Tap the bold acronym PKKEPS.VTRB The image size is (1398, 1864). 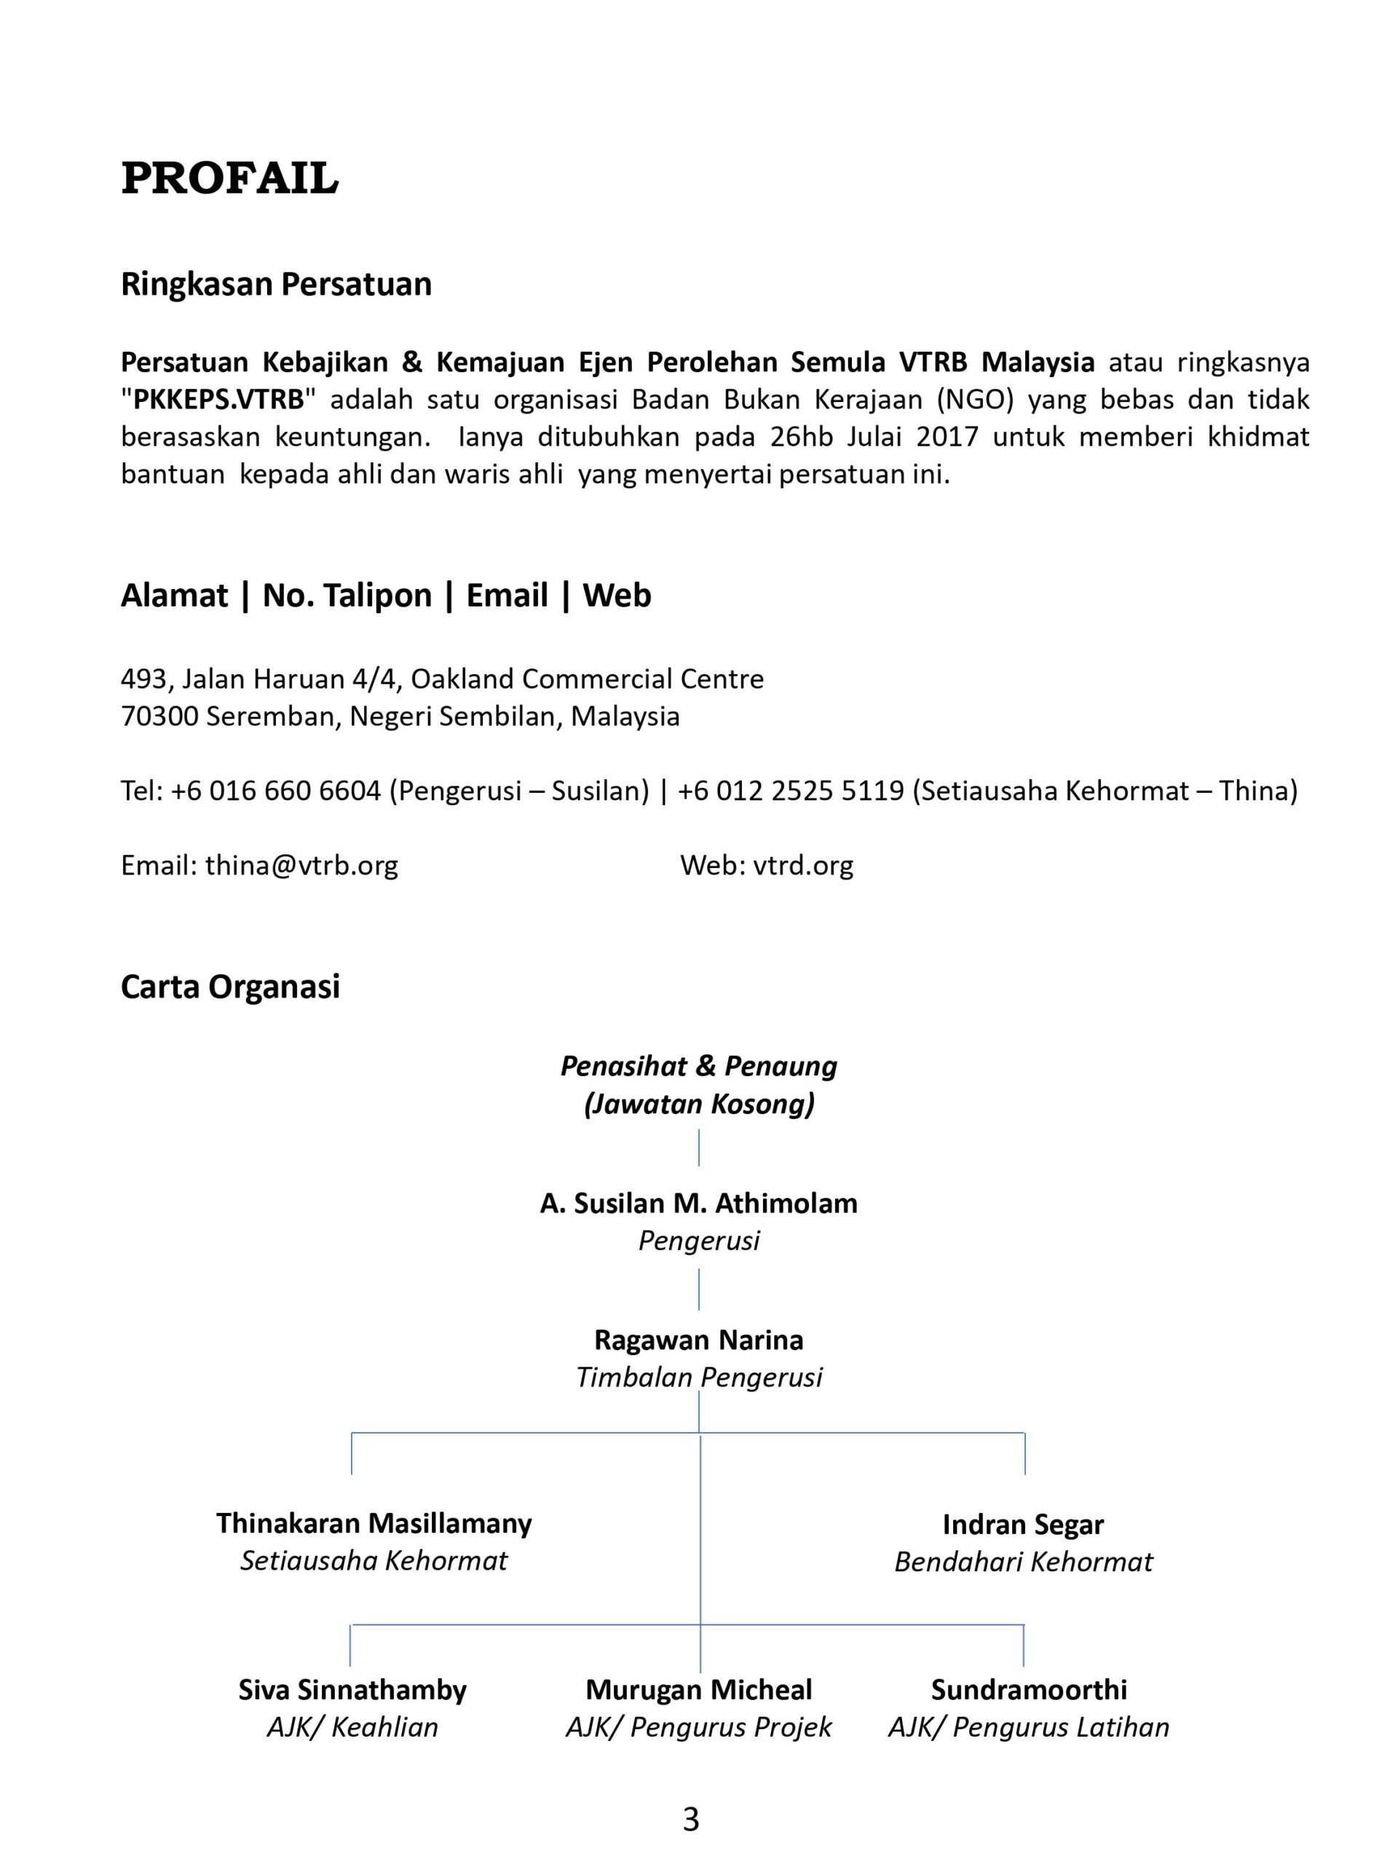coord(218,400)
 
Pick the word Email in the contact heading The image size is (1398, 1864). coord(507,596)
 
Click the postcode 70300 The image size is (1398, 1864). coord(159,716)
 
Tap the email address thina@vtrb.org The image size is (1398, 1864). coord(301,864)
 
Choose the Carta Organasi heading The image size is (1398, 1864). coord(230,987)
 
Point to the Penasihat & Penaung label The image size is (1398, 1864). coord(698,1067)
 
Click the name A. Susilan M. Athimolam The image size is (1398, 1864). coord(698,1204)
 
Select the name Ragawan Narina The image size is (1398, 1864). coord(698,1340)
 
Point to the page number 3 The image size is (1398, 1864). coord(691,1820)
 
